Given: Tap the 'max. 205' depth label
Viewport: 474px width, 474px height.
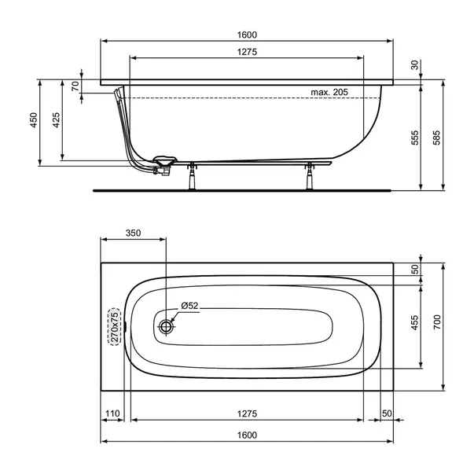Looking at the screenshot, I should tap(329, 92).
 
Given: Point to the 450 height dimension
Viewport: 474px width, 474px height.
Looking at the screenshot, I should tap(33, 120).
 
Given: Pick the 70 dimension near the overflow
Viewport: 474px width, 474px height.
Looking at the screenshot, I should tap(75, 86).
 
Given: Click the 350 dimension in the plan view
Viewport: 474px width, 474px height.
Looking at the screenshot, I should tap(133, 233).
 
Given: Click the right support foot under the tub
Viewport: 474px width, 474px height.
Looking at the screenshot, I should tap(309, 177).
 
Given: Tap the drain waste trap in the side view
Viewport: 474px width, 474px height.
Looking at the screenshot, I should tap(164, 163).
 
